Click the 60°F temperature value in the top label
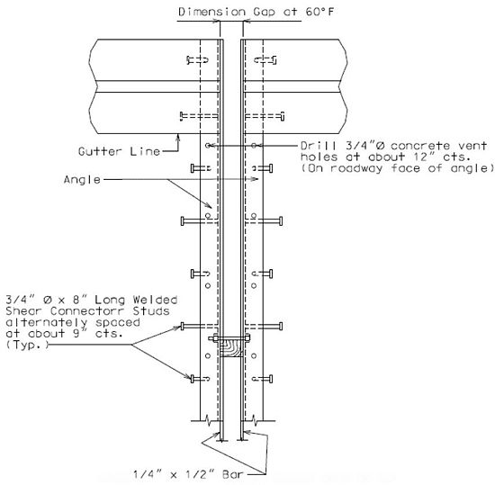pos(319,12)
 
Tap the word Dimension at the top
pos(211,12)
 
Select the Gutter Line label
pos(120,151)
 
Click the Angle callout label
pos(82,180)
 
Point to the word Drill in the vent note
pos(319,146)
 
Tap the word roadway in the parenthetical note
pos(356,168)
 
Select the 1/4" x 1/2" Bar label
pos(188,474)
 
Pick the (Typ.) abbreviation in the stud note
pos(28,345)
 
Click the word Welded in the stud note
pos(155,300)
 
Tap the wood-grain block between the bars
pos(231,348)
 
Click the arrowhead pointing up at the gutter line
pos(178,138)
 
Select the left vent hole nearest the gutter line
pos(208,146)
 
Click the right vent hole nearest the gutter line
pos(254,146)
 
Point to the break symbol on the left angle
pos(209,420)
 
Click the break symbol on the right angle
pos(255,420)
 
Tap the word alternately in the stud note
pos(46,322)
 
